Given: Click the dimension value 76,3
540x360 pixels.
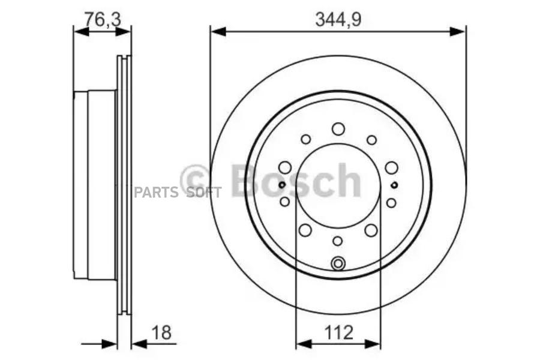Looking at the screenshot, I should point(103,19).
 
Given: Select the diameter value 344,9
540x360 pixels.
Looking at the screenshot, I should point(338,19).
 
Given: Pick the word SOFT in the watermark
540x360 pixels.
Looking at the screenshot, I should point(203,192).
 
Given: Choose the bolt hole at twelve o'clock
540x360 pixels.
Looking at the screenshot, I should point(338,128).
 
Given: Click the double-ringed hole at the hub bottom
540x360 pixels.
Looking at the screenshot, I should point(338,262).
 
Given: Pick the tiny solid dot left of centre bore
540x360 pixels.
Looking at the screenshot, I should point(281,185).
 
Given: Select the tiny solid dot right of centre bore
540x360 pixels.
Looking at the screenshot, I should point(394,185).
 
